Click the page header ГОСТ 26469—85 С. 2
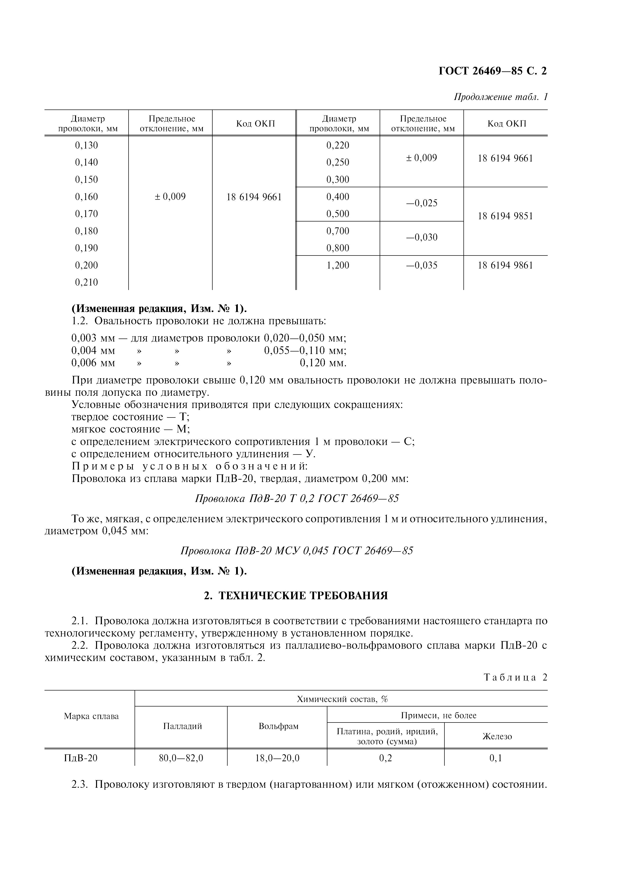click(492, 71)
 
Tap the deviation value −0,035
click(421, 265)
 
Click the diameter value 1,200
click(338, 265)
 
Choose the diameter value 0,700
click(338, 231)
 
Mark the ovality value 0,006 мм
click(93, 362)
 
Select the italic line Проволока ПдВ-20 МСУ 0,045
click(296, 550)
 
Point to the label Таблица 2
click(515, 677)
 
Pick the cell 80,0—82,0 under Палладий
click(181, 758)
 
